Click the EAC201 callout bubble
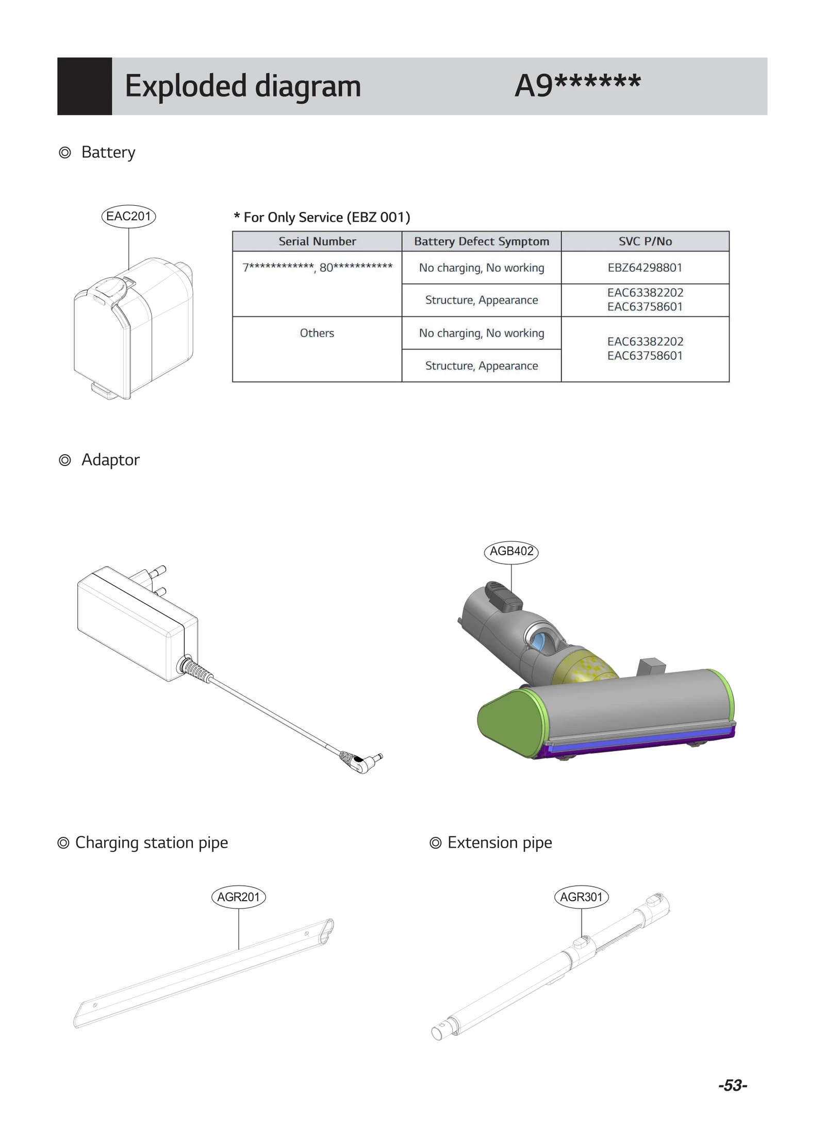click(x=128, y=216)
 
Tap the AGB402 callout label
click(x=511, y=551)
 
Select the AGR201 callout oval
click(x=238, y=897)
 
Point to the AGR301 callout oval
click(x=581, y=897)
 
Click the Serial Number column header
click(x=317, y=241)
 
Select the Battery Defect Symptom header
click(x=481, y=241)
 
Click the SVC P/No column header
click(x=645, y=241)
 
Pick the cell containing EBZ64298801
click(x=645, y=268)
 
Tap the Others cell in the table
click(x=317, y=333)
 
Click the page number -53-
click(x=732, y=1085)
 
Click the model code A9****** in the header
click(x=577, y=86)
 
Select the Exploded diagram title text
click(x=242, y=86)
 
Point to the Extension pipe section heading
click(x=499, y=842)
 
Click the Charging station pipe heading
click(x=151, y=842)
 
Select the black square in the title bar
click(x=84, y=86)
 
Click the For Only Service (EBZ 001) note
click(x=322, y=217)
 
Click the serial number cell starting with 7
click(x=317, y=268)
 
